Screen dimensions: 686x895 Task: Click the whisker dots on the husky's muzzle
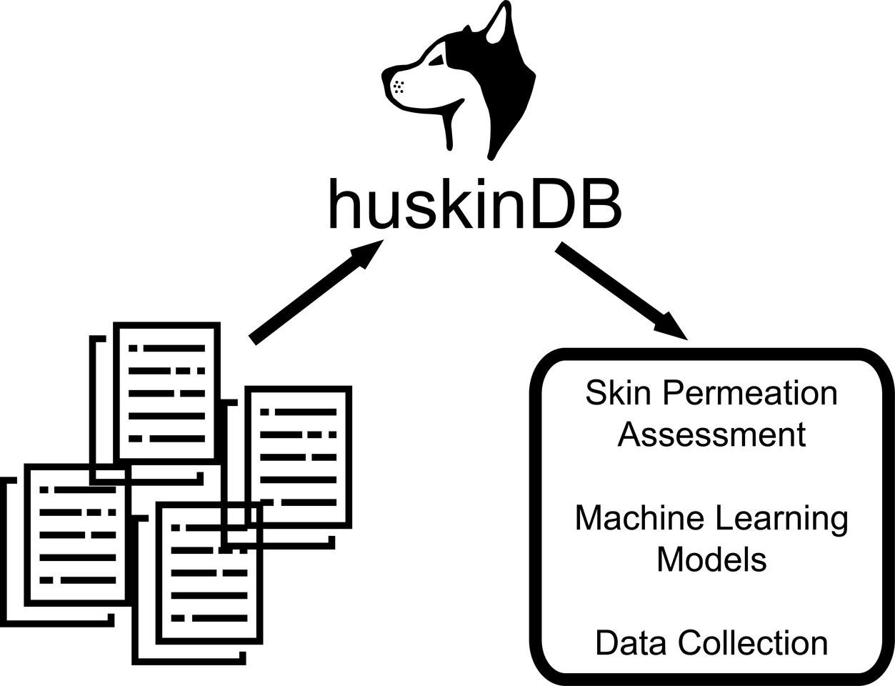coord(399,87)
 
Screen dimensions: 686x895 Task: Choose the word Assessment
coord(711,434)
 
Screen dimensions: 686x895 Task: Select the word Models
coord(711,559)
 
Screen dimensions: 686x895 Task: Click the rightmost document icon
coord(298,457)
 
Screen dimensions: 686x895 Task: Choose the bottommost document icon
coord(209,572)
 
